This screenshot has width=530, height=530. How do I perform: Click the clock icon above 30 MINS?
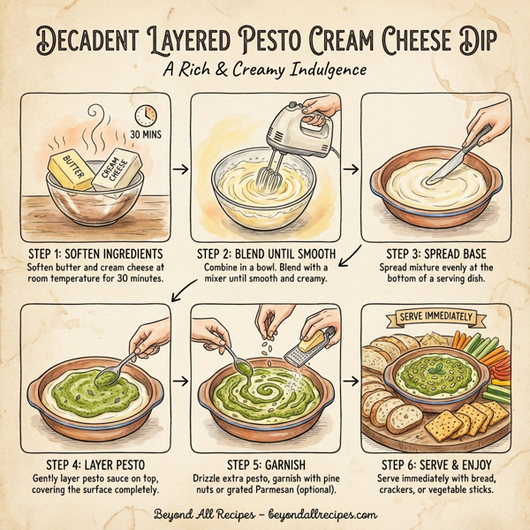pyautogui.click(x=148, y=115)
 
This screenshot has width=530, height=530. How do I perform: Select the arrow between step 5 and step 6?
pyautogui.click(x=351, y=381)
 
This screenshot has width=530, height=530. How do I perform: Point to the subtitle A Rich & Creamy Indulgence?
pyautogui.click(x=265, y=72)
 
